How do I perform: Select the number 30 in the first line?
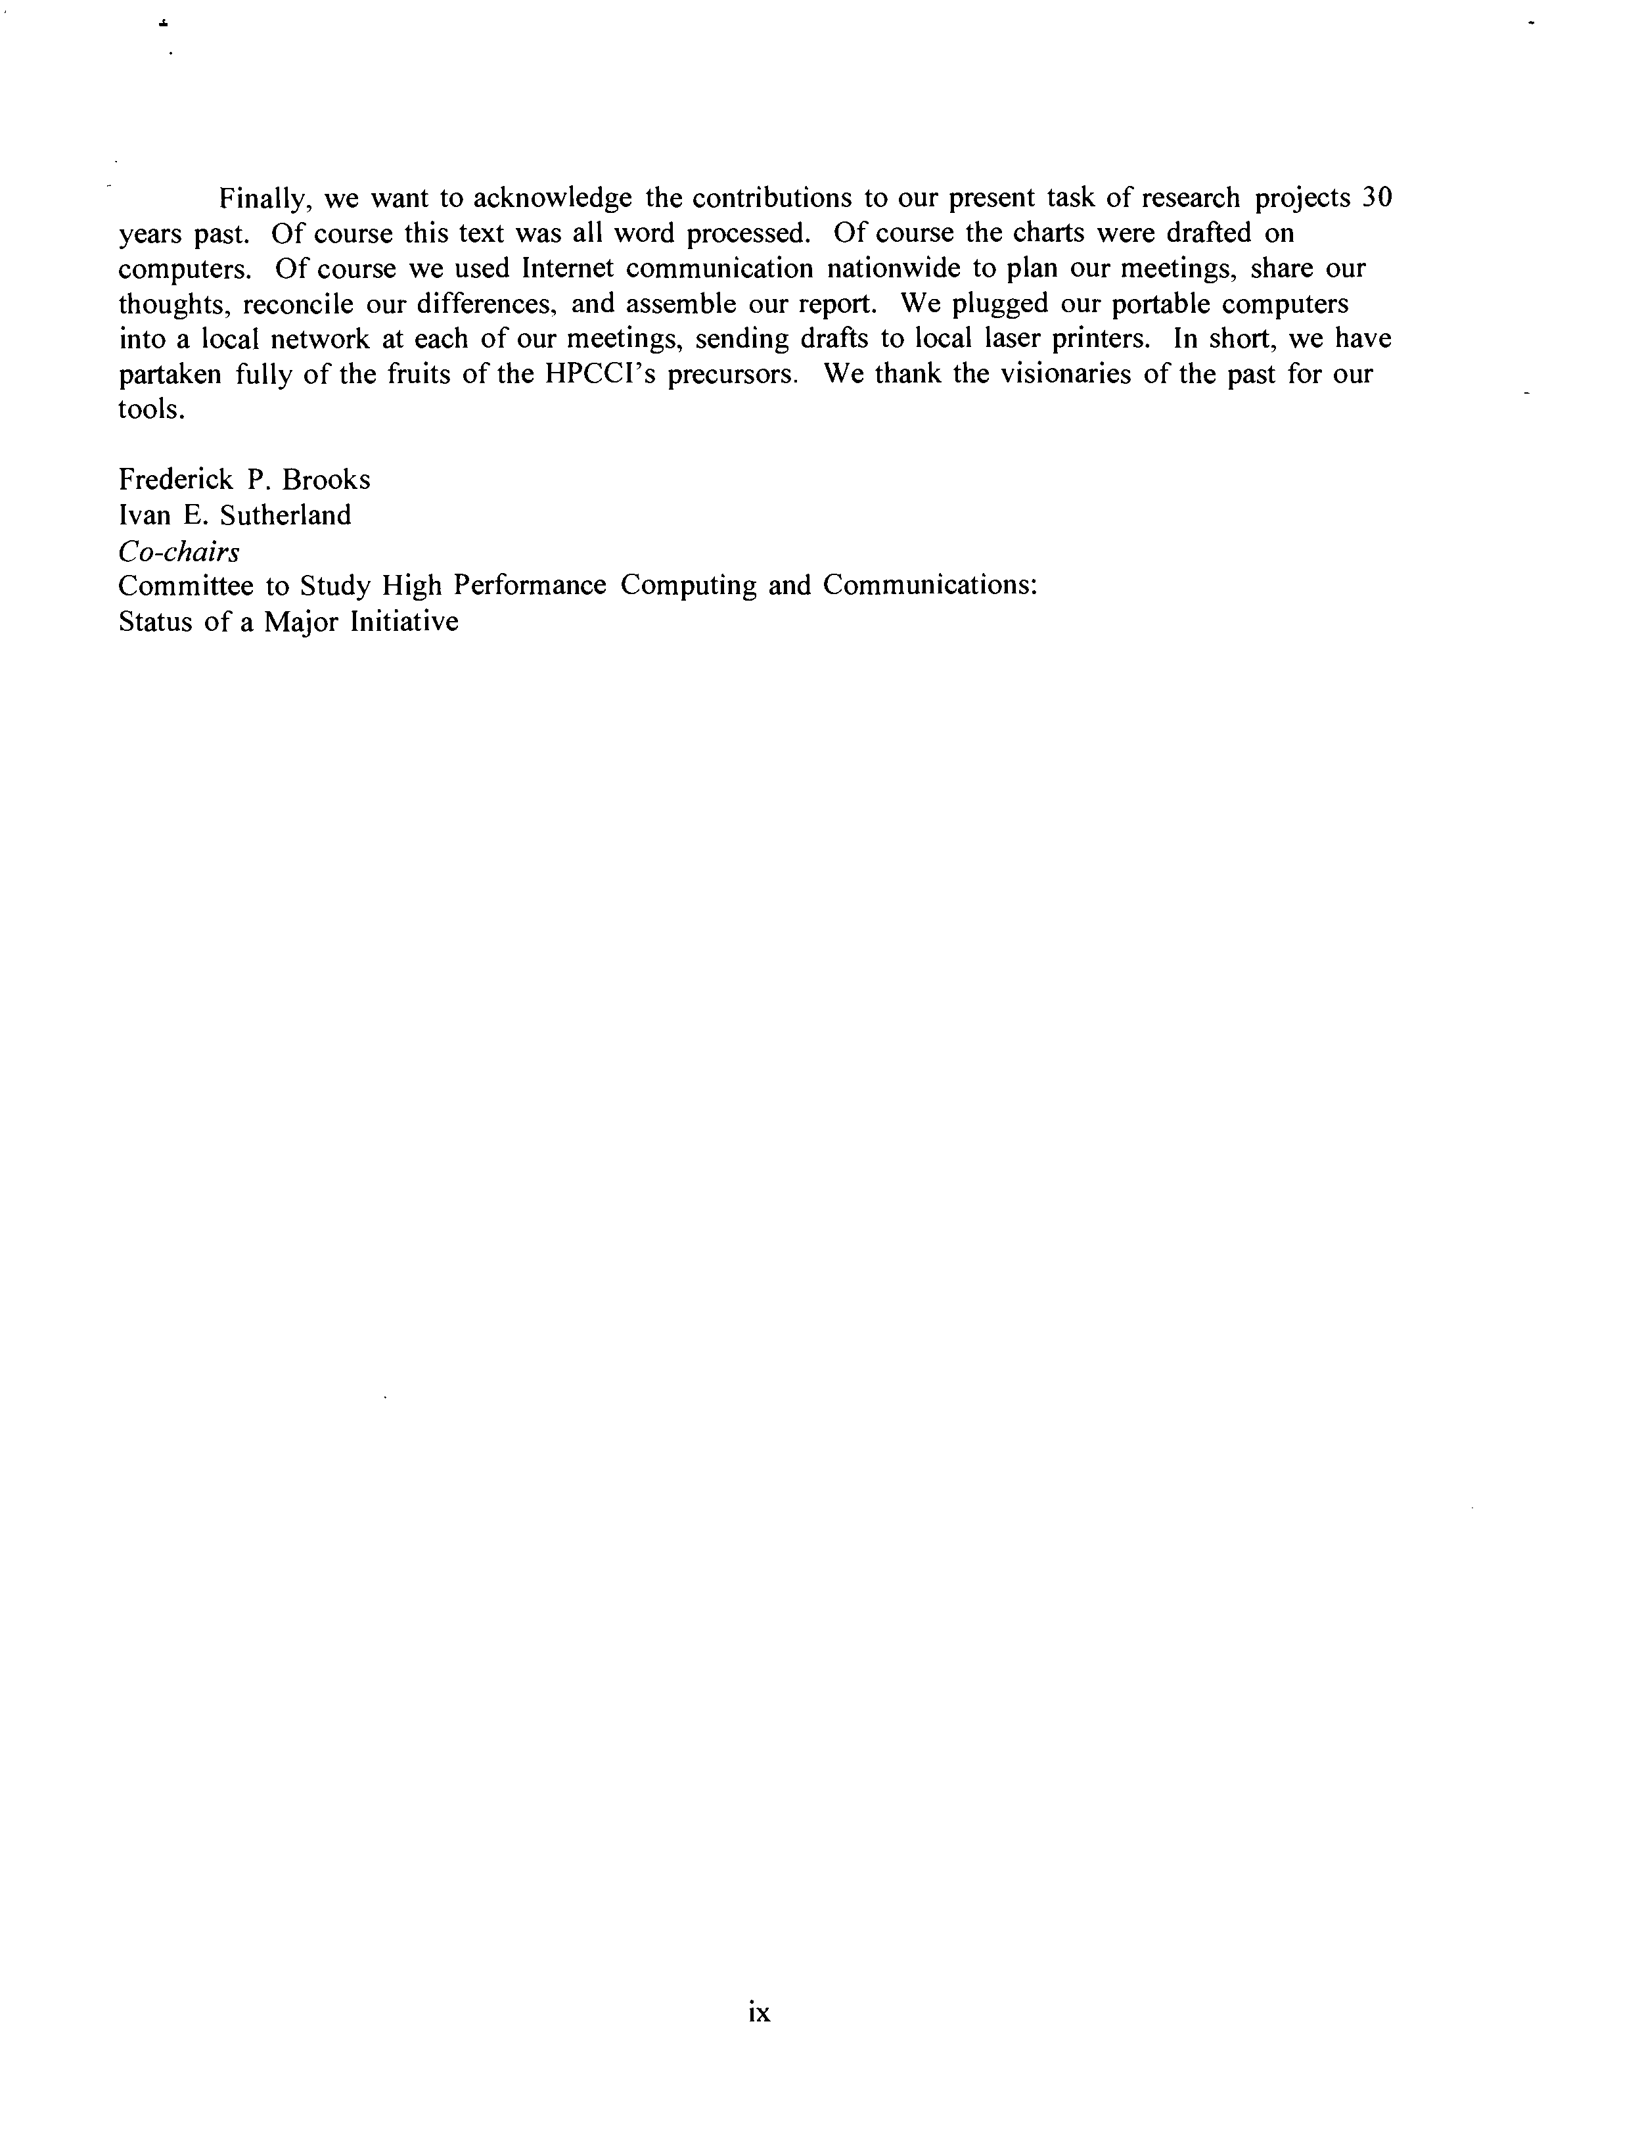click(1375, 198)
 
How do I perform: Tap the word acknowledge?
click(551, 198)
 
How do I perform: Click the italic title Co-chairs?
click(179, 551)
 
